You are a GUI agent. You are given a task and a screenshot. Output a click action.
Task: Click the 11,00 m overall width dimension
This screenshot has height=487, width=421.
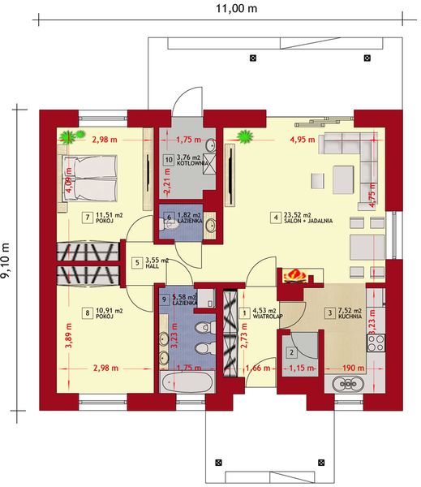(x=236, y=10)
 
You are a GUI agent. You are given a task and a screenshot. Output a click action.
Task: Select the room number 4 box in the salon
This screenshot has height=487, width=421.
(x=276, y=217)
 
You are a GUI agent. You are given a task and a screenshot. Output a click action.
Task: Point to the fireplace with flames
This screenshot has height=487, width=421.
(x=294, y=277)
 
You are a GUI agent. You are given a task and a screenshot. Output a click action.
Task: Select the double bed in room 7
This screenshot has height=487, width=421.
(x=90, y=178)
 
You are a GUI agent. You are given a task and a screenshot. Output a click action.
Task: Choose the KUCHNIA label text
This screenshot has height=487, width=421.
(x=351, y=316)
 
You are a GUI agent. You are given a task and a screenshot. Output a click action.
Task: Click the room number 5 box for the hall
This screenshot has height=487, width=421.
(x=137, y=263)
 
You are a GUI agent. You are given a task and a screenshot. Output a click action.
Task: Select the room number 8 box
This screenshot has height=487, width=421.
(x=88, y=312)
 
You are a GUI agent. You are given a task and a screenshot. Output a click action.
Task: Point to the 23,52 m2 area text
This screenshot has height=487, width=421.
(x=302, y=214)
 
